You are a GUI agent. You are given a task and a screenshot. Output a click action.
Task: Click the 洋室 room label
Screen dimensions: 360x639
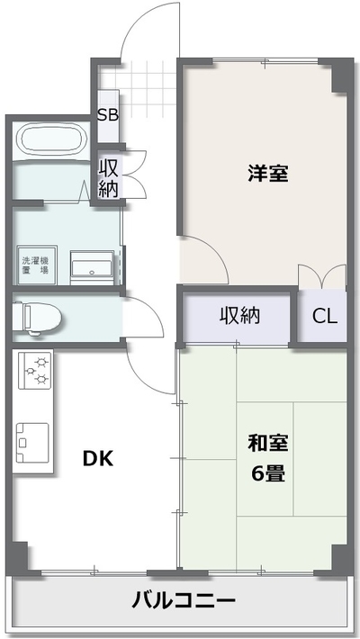(x=268, y=174)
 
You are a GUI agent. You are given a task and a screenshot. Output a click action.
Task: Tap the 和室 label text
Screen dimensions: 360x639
(x=268, y=444)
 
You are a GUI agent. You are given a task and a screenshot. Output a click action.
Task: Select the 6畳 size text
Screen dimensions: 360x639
(x=268, y=473)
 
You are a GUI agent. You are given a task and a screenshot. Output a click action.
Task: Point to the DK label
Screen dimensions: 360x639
(x=98, y=459)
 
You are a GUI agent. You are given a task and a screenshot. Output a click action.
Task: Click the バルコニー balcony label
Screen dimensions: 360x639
(x=184, y=600)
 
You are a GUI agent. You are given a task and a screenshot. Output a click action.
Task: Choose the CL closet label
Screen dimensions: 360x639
(x=325, y=316)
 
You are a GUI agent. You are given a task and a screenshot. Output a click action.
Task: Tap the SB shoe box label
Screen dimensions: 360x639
(x=108, y=115)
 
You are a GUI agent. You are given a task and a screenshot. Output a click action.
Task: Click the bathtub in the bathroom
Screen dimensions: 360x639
(x=51, y=139)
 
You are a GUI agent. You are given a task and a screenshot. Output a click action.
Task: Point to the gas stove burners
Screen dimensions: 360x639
(x=36, y=371)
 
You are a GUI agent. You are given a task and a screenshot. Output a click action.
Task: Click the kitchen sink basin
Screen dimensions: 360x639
(x=31, y=443)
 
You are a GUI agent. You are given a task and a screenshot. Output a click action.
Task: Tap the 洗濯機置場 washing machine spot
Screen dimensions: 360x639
(x=36, y=265)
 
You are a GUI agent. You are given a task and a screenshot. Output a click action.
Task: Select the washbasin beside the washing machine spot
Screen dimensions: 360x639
(x=92, y=267)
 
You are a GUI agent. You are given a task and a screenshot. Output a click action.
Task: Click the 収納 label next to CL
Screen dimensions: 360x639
(x=240, y=315)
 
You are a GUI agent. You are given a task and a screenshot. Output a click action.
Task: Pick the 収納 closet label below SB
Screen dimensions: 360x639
(x=108, y=178)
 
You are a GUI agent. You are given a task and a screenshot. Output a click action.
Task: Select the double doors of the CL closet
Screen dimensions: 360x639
(x=322, y=276)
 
